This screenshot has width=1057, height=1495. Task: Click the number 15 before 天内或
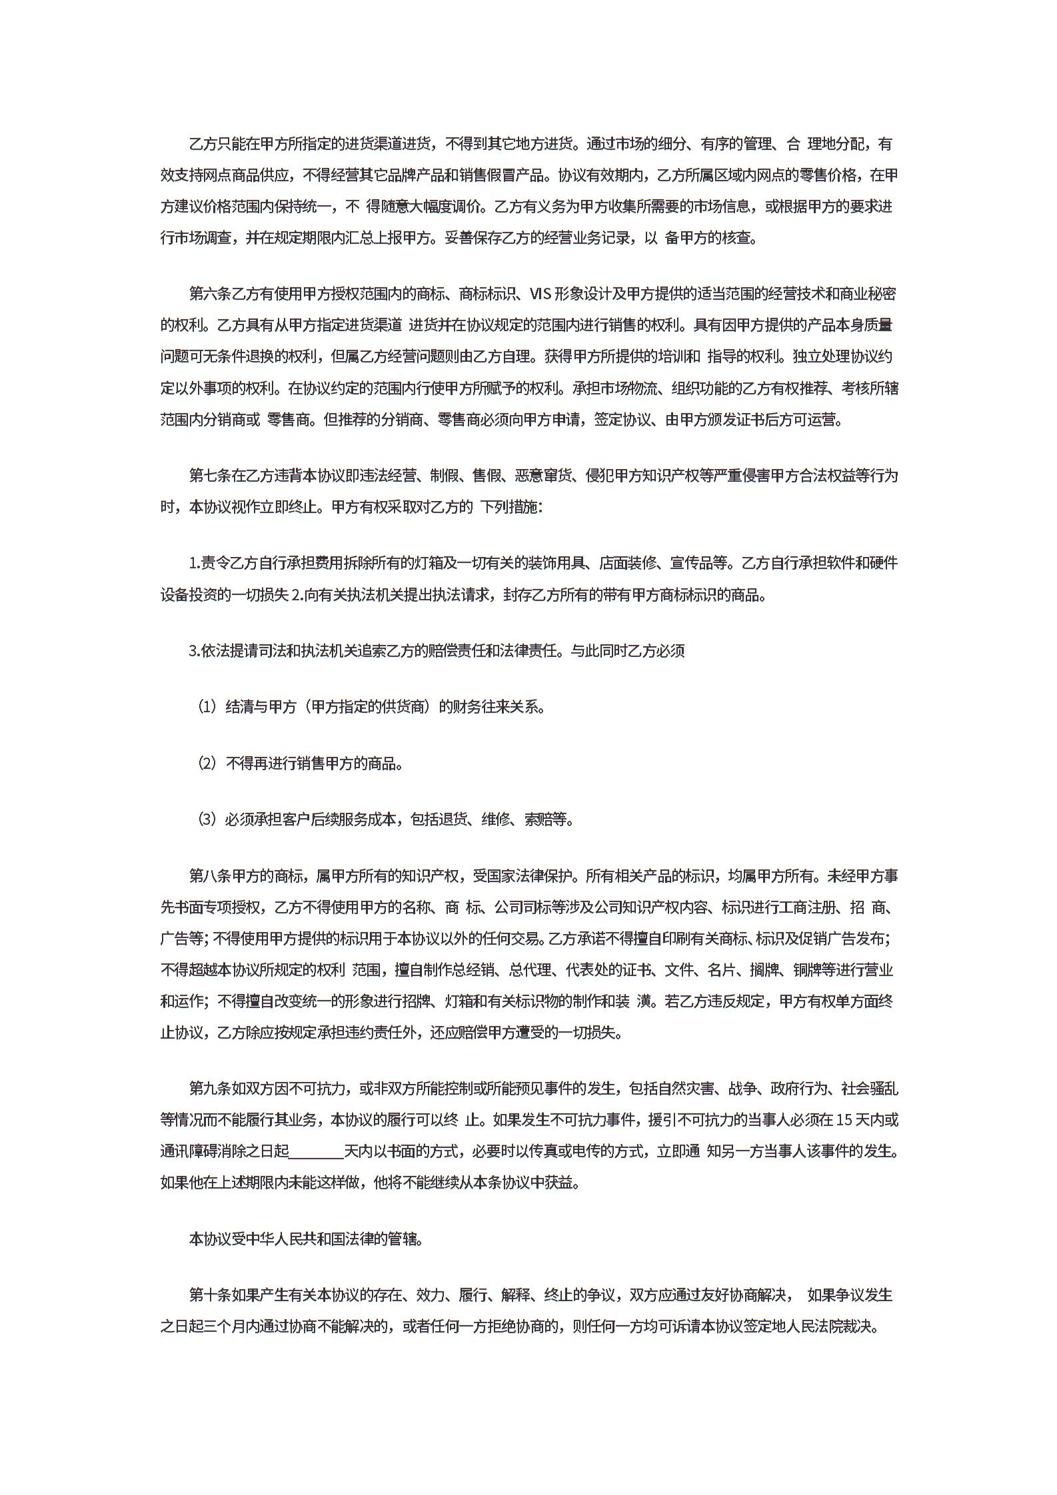tap(844, 1120)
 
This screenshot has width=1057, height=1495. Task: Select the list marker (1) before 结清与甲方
tap(207, 707)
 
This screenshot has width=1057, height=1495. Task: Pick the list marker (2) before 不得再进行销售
tap(207, 763)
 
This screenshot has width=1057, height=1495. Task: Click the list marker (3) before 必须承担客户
tap(207, 819)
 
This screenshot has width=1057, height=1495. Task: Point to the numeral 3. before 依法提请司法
tap(195, 651)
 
